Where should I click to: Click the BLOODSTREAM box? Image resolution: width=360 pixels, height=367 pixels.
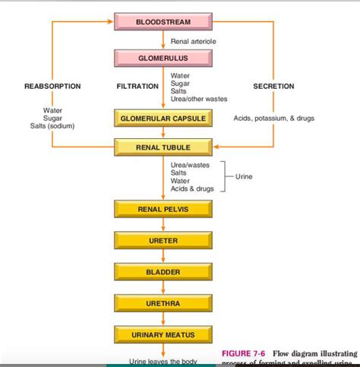coord(163,21)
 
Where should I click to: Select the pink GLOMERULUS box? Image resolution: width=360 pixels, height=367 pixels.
coord(163,58)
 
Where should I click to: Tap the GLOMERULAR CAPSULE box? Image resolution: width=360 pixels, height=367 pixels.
coord(163,119)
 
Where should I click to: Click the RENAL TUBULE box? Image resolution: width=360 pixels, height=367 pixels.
coord(163,147)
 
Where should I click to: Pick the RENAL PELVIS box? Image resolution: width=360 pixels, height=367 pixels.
coord(163,209)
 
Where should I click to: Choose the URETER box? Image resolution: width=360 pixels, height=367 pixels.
coord(163,241)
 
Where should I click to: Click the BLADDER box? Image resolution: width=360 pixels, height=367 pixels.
coord(163,272)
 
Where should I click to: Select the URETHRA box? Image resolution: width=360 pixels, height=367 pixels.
coord(163,303)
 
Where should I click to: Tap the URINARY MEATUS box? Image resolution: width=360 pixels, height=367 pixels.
coord(163,334)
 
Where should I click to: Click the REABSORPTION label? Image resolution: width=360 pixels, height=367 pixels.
coord(53,87)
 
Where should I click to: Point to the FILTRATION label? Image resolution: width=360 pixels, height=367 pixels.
coord(137,87)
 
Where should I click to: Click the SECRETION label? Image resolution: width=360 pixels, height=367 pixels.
coord(273,87)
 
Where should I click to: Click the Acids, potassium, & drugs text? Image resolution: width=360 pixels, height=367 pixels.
coord(273,119)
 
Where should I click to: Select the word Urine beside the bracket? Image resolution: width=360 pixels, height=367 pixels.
coord(244,176)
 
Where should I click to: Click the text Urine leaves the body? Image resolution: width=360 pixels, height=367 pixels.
coord(163,361)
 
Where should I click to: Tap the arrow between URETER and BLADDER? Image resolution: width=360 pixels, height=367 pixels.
coord(163,257)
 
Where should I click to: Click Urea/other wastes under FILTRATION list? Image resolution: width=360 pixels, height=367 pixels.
coord(199,99)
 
